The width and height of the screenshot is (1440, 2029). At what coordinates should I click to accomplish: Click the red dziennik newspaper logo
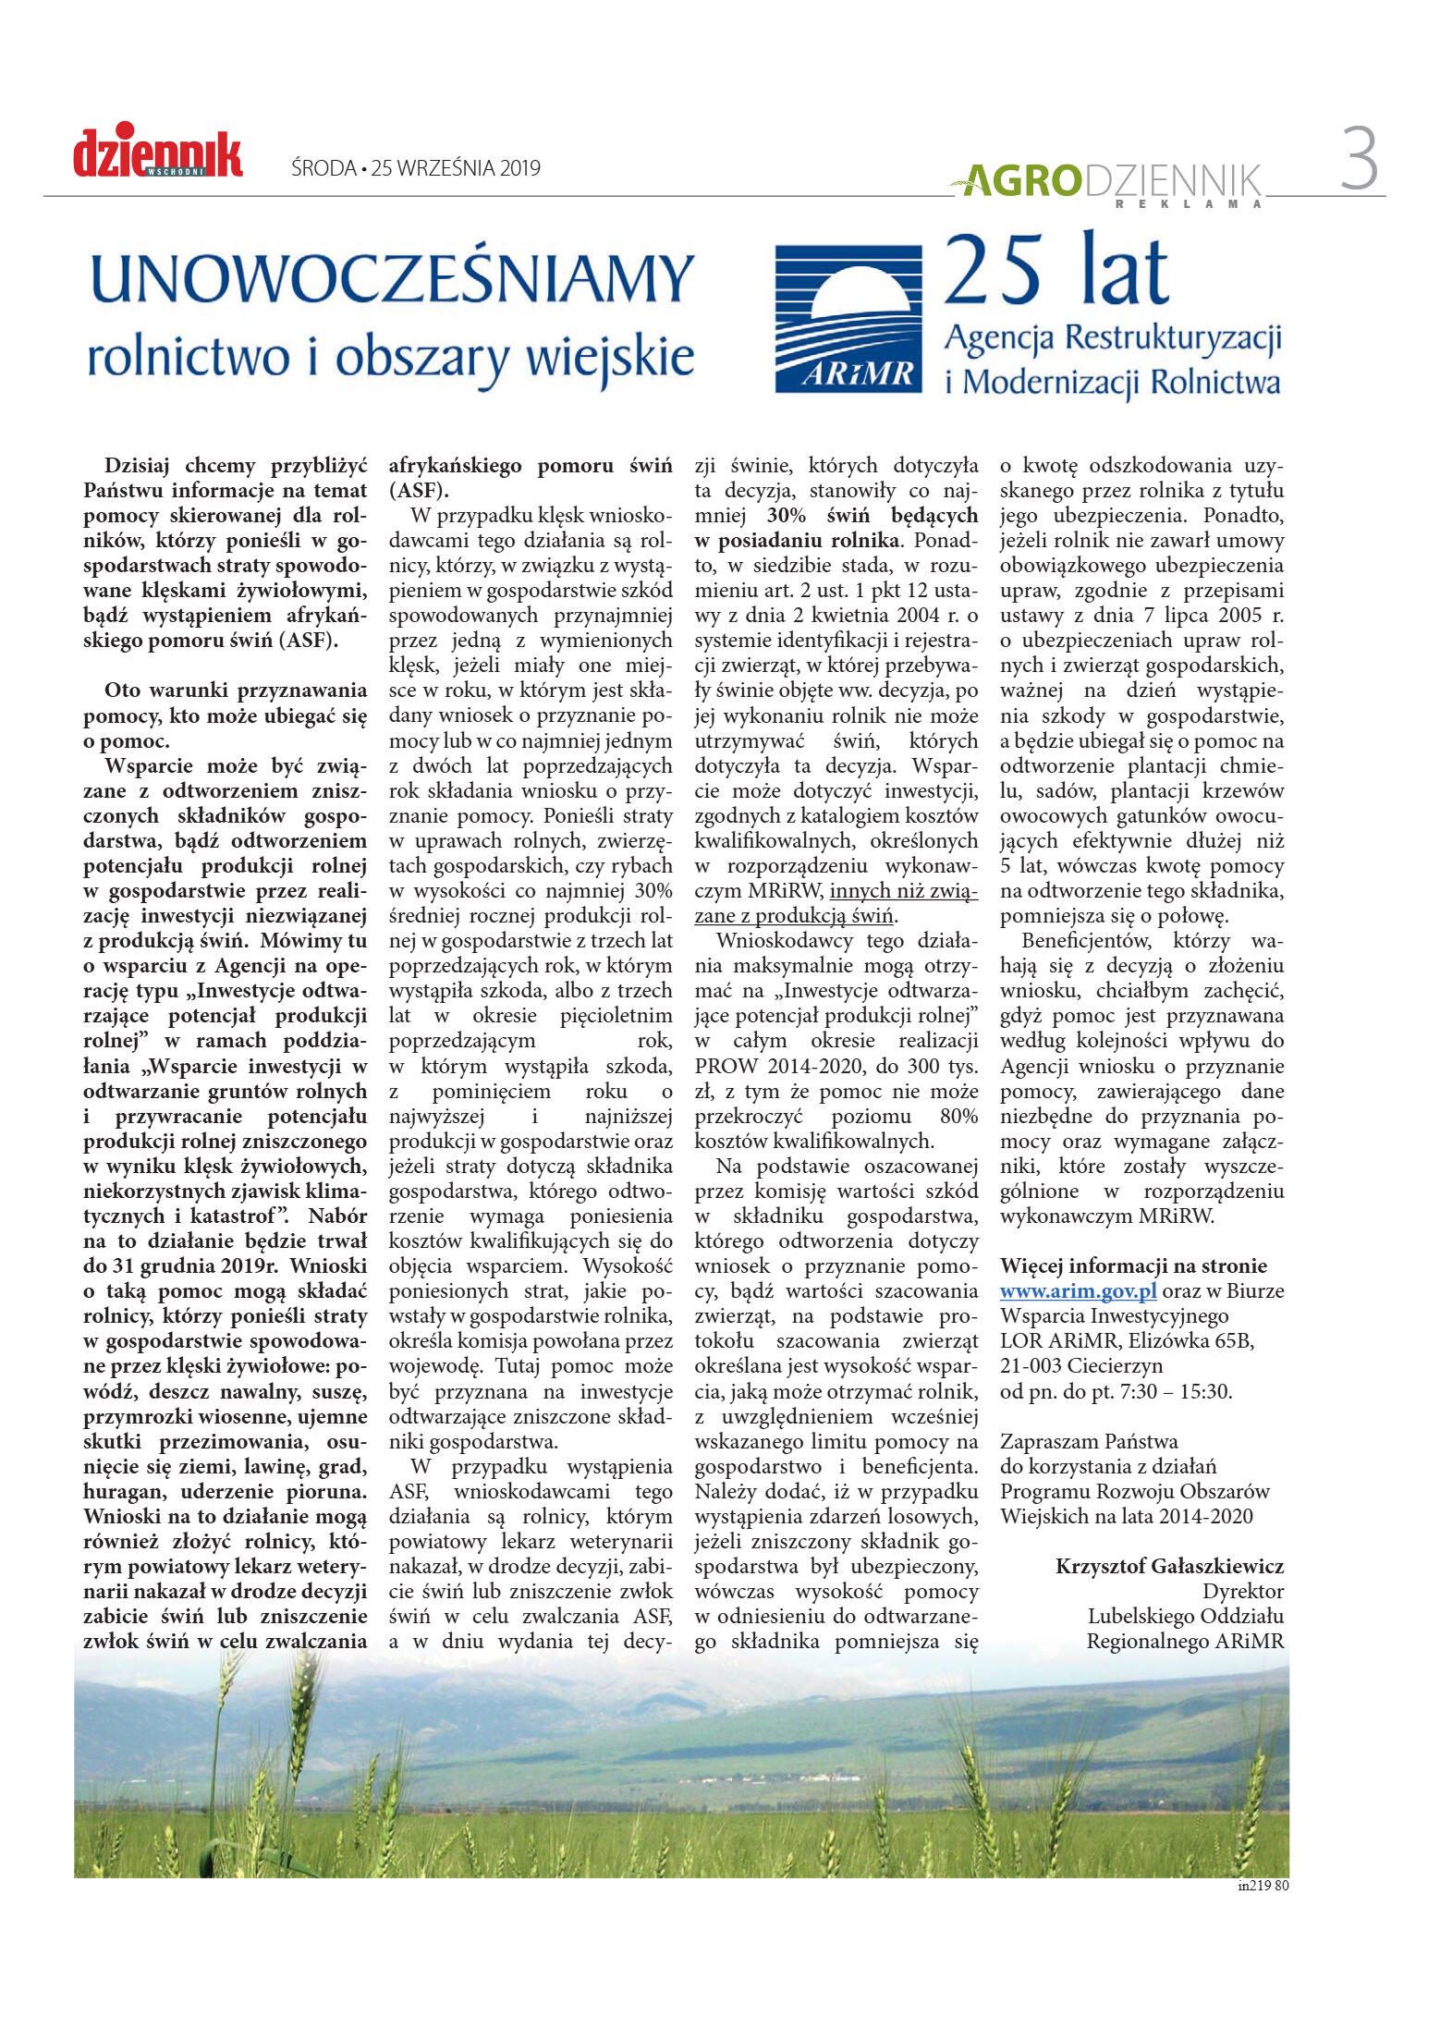point(158,153)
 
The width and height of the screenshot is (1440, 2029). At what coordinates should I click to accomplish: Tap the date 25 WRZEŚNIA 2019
point(456,168)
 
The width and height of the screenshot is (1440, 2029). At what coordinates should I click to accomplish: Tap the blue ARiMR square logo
point(848,318)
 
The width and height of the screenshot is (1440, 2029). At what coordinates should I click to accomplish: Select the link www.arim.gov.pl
point(1078,1291)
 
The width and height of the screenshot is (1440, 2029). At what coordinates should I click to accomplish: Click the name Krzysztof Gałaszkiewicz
point(1169,1566)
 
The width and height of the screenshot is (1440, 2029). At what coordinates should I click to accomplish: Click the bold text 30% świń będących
point(872,515)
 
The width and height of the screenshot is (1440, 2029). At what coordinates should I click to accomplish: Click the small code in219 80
point(1263,1886)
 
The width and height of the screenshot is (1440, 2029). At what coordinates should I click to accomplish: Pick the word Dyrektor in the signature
point(1242,1591)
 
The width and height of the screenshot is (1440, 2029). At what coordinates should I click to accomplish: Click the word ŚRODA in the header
point(323,168)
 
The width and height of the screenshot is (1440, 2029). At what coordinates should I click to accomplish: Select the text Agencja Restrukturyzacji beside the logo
point(1112,338)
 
